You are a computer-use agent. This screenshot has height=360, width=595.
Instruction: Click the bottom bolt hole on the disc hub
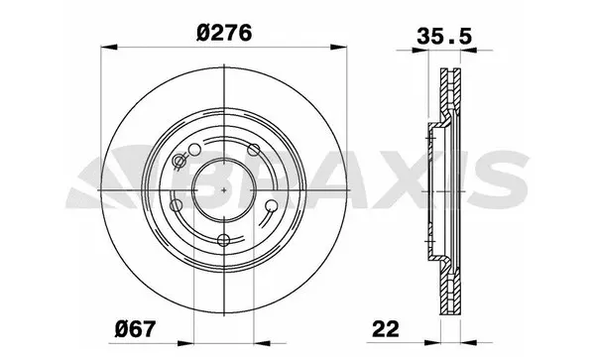224,239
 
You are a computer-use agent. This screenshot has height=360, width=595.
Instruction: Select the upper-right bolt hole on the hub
254,151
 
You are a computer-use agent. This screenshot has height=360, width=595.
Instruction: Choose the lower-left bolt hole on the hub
177,205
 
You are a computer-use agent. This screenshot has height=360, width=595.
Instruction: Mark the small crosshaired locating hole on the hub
178,163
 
